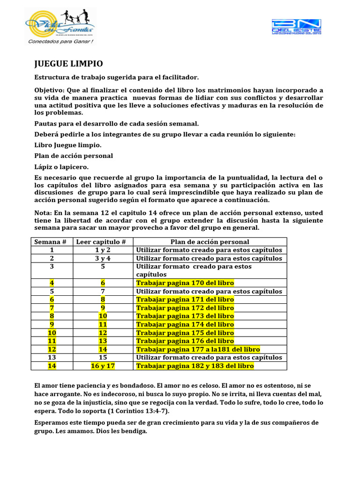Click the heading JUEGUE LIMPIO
pos(69,64)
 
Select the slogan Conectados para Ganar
pos(61,41)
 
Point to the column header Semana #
pos(52,242)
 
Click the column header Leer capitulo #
pos(102,242)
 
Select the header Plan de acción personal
pos(210,242)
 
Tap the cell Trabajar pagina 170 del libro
pos(185,283)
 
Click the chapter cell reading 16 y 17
pos(102,366)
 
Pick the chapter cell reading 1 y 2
pos(102,250)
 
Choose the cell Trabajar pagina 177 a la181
pos(198,349)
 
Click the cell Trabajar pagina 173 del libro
pos(185,316)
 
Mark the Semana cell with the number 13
pos(52,357)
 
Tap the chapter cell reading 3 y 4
pos(102,258)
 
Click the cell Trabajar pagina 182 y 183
pos(195,366)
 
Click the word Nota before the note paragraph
pos(43,213)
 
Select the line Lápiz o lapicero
pos(61,167)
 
